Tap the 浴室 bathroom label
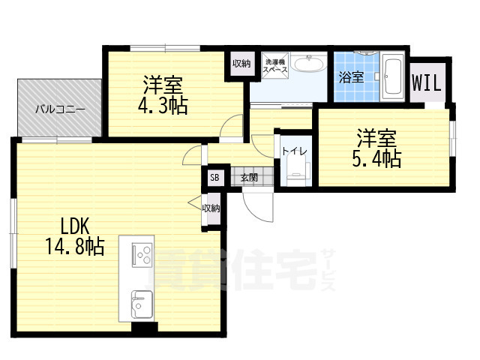pos(351,76)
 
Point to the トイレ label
pos(292,150)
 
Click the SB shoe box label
pos(214,178)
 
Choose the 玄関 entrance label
pos(249,178)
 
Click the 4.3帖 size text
pos(163,106)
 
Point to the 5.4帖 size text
pos(377,158)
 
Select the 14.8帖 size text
pos(73,244)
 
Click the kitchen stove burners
pos(140,256)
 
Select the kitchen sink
pos(140,303)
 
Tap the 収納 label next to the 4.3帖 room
pos(241,63)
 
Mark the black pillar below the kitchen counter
pos(144,327)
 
